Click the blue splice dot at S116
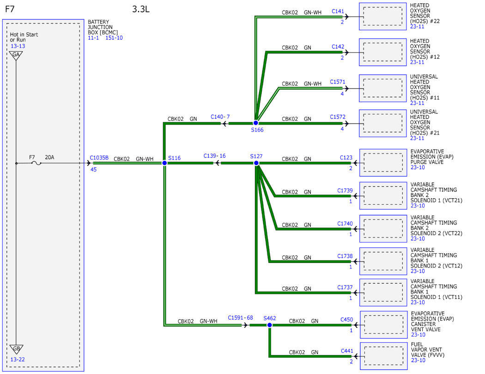164,163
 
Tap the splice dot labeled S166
256,123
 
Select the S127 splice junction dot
256,163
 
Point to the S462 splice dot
269,325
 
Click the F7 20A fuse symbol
36,163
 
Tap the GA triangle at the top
16,56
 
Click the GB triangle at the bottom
16,349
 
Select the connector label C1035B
99,158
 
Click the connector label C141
338,12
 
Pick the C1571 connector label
338,82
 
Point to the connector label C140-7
220,117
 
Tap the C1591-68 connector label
240,318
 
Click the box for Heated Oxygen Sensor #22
382,16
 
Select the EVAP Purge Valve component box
383,163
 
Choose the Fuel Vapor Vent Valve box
383,356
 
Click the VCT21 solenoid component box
383,196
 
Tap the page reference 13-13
18,46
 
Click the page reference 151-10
114,38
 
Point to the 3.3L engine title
141,9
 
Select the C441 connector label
347,351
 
